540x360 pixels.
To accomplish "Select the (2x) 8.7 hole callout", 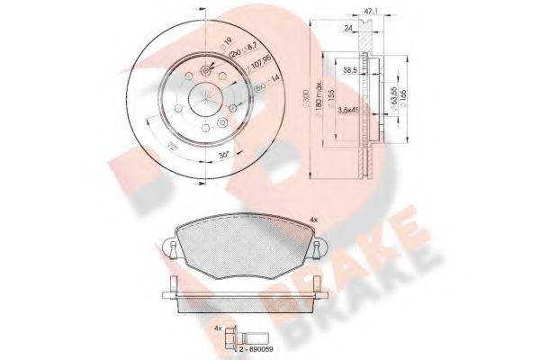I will pos(236,56).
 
